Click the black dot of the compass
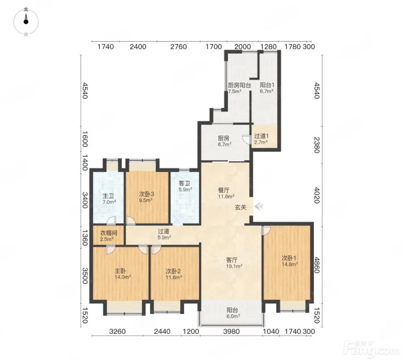[x=26, y=22]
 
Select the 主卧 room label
[x=120, y=271]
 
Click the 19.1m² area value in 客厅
[x=234, y=266]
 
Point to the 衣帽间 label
[x=108, y=233]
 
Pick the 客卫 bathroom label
[x=184, y=183]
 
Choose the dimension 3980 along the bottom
[x=231, y=331]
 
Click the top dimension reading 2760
[x=178, y=47]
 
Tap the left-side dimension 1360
[x=85, y=238]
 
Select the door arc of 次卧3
[x=131, y=220]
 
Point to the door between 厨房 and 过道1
[x=246, y=140]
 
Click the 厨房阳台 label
[x=239, y=85]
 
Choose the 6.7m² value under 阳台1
[x=266, y=91]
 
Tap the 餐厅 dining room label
[x=224, y=190]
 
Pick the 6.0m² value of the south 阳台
[x=233, y=316]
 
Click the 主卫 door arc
[x=111, y=220]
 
